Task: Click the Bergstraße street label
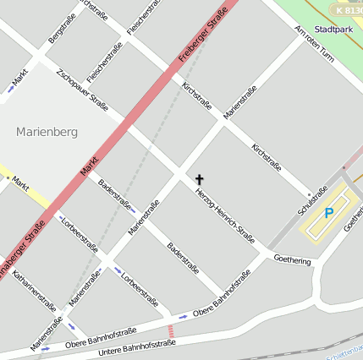62,28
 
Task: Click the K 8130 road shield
346,10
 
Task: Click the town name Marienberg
47,132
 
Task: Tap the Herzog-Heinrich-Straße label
225,215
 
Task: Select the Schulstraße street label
311,202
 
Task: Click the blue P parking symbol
329,215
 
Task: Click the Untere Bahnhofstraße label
137,347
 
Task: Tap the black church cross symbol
200,179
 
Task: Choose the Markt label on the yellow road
21,182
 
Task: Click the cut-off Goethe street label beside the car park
353,221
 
